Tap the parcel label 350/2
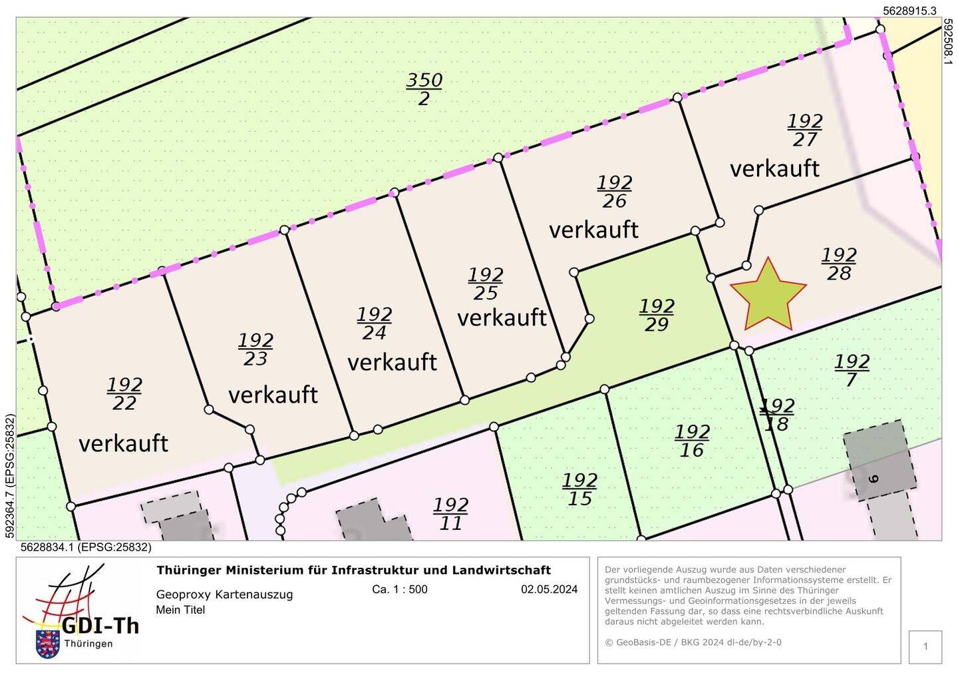(424, 89)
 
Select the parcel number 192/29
(657, 315)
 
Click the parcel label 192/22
(124, 394)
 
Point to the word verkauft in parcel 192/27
(774, 168)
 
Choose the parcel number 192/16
(692, 441)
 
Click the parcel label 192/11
(450, 514)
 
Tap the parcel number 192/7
(852, 370)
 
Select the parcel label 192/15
(579, 489)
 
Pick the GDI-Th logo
(80, 612)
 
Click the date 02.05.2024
(549, 589)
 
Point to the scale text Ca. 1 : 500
(400, 589)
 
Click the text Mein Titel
(180, 610)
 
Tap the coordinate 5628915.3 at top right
(909, 11)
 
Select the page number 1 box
(925, 646)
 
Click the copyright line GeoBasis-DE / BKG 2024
(693, 642)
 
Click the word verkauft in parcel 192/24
(392, 362)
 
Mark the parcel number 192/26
(614, 192)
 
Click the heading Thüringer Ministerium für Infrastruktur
(353, 570)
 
